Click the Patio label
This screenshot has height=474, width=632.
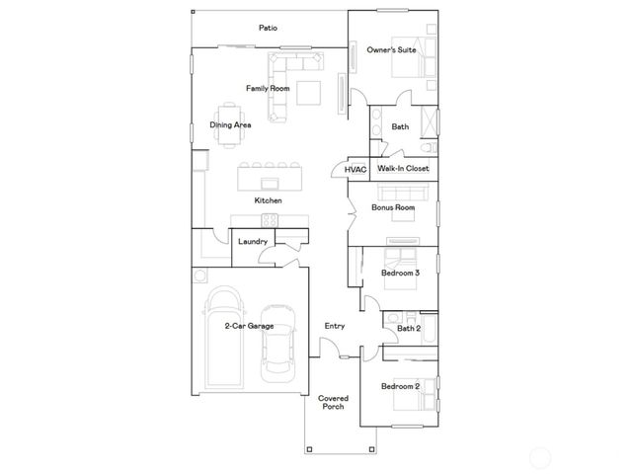click(267, 28)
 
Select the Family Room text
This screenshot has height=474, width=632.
click(267, 89)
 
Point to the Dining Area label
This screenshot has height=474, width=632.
click(230, 125)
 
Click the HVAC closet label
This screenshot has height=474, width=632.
click(355, 170)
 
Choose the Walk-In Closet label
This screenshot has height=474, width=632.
click(403, 170)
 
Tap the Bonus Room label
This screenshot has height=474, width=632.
click(392, 208)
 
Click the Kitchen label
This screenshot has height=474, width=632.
click(269, 200)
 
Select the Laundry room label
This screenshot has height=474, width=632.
click(253, 241)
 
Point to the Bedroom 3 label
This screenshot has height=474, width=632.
click(401, 273)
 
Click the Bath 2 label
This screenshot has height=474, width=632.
click(409, 329)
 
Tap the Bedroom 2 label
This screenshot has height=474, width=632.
click(401, 386)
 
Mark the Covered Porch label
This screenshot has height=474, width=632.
click(333, 402)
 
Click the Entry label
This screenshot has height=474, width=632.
click(335, 326)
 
